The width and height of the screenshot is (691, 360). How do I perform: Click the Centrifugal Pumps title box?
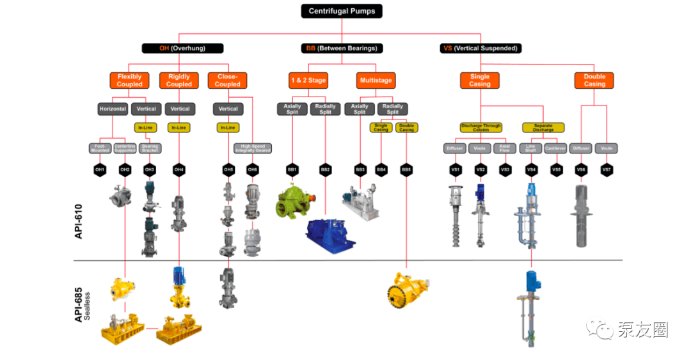pos(342,11)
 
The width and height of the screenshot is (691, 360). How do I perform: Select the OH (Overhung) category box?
pos(182,48)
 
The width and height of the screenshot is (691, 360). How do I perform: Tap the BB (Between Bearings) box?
pos(339,48)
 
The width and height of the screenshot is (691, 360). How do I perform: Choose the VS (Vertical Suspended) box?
pos(481,48)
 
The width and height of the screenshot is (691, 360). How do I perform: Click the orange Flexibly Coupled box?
pos(129,80)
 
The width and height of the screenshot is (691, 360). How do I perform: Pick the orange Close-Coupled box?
pos(227,80)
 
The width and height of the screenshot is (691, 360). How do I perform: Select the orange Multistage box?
pos(376,80)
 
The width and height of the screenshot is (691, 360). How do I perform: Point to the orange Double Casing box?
pos(594,80)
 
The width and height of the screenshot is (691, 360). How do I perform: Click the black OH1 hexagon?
pos(100,170)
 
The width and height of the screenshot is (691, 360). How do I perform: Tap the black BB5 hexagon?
pos(406,170)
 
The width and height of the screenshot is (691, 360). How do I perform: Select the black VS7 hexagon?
pos(606,170)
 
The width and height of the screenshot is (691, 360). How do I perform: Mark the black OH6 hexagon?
pos(252,170)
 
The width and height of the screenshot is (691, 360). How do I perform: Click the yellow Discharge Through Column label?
pos(481,127)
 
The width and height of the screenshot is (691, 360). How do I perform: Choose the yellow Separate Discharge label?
pos(543,127)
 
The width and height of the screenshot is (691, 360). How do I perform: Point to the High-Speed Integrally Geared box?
pos(252,148)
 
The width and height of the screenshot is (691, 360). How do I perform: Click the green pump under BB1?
pos(295,200)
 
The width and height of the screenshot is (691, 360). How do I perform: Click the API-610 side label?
pos(79,217)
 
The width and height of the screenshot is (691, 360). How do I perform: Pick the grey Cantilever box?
pos(555,148)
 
